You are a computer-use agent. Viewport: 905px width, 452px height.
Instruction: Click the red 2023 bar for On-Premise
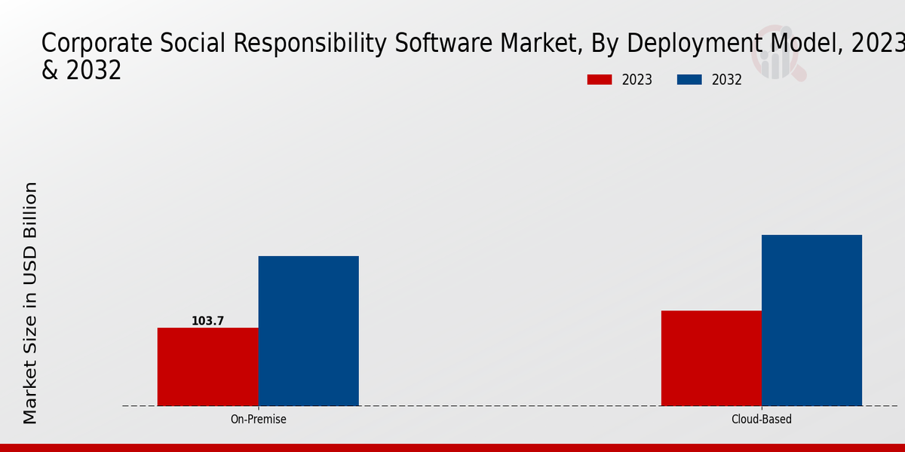point(207,367)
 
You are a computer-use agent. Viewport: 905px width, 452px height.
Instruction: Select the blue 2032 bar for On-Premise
point(308,331)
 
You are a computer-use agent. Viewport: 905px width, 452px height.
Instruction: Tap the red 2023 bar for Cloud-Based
point(711,358)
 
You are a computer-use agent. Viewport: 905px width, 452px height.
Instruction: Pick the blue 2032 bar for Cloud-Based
point(811,320)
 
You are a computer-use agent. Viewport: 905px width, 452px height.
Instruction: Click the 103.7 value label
point(207,321)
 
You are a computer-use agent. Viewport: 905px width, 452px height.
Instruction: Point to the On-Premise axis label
point(258,420)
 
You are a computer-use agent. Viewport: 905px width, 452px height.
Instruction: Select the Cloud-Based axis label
point(762,420)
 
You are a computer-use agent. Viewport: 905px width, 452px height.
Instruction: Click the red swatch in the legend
point(600,80)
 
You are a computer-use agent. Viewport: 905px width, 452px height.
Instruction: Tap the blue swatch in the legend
point(689,80)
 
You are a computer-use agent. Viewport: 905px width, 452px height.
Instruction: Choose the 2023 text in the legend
point(637,80)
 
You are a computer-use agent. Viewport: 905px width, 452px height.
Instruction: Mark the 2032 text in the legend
point(727,80)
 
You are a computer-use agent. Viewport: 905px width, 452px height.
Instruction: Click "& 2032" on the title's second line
point(81,70)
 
